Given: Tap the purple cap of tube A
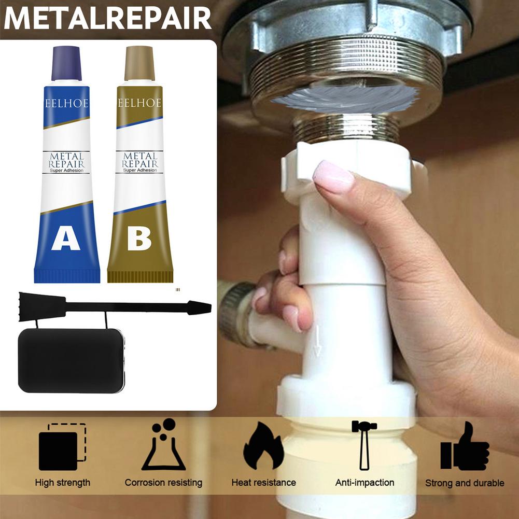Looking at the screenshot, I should coord(66,63).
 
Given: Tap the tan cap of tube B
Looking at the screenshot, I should coord(139,63).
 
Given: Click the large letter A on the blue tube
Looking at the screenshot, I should coord(66,239).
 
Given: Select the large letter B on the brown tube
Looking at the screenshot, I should coord(139,239).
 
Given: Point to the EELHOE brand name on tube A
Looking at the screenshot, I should coord(66,103).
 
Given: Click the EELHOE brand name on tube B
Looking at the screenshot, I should coord(139,103).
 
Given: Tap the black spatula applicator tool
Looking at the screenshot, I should coord(114,306).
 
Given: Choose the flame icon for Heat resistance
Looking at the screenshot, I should coord(263,446).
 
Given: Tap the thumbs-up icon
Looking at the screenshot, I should coord(465,447).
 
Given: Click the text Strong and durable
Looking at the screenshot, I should coord(465,483).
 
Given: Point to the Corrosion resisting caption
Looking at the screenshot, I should coord(163,483).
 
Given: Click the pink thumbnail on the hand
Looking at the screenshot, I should coord(333,176).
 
